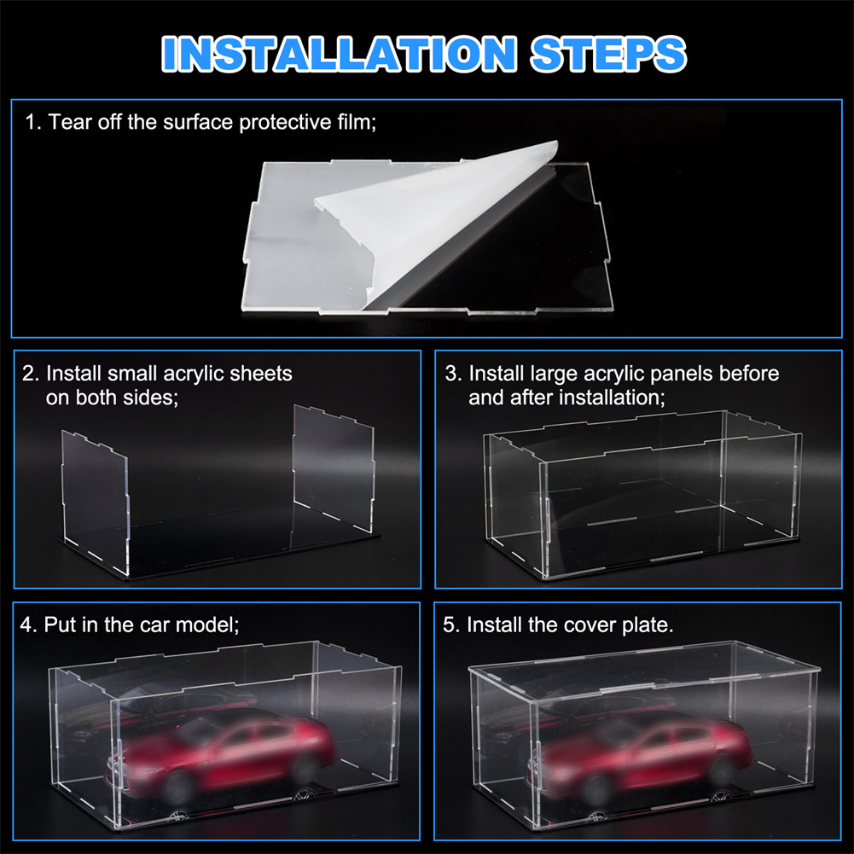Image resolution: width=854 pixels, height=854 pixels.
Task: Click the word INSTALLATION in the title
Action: tap(339, 54)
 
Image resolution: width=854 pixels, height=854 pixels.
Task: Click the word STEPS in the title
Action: tap(608, 54)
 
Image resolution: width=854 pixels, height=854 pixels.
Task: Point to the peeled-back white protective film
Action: tap(436, 218)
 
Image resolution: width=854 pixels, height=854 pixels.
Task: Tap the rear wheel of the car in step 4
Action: tap(303, 769)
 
